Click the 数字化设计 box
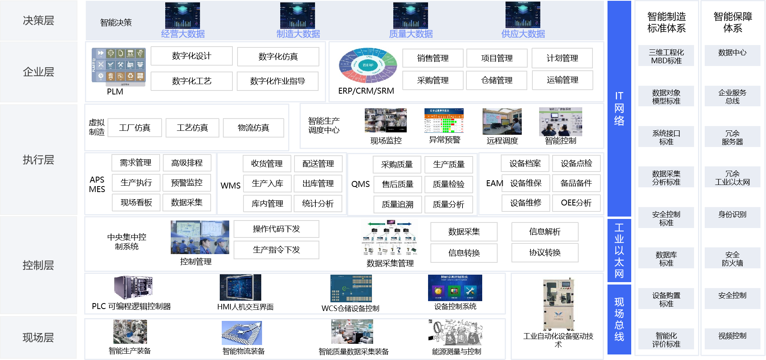[x=191, y=56]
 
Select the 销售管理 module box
[x=432, y=58]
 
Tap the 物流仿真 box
[x=253, y=128]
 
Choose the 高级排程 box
[x=187, y=163]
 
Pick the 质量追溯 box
[x=397, y=204]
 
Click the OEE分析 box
[x=576, y=203]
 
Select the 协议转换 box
[x=545, y=253]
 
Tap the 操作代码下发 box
[x=276, y=229]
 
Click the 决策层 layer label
[x=38, y=21]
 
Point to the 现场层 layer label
[x=38, y=337]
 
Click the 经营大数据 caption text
[x=183, y=34]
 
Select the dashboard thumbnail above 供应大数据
[x=523, y=15]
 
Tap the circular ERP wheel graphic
[x=368, y=65]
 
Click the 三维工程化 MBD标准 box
[x=666, y=56]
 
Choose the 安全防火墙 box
[x=732, y=258]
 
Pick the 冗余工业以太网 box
[x=732, y=177]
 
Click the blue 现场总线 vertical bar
[x=619, y=319]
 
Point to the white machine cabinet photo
[x=559, y=303]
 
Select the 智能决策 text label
[x=116, y=23]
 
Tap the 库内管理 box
[x=267, y=204]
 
